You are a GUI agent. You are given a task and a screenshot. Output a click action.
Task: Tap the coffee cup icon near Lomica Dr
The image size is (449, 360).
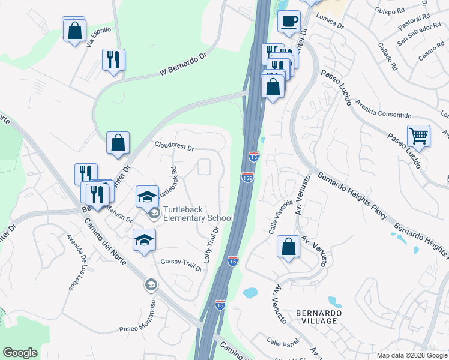[x=289, y=22]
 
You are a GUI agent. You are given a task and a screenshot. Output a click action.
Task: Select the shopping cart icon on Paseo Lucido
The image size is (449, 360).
[x=418, y=136]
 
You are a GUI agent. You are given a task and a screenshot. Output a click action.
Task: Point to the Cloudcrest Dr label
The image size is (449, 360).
[x=174, y=146]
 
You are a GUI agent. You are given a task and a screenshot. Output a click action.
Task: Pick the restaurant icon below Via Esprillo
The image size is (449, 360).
[x=113, y=60]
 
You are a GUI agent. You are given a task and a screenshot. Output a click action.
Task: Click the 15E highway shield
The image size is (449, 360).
[x=248, y=177]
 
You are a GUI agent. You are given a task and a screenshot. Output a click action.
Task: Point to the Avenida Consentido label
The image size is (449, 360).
[x=383, y=114]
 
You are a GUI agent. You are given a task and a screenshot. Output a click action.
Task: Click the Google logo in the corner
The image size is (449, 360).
[x=20, y=353]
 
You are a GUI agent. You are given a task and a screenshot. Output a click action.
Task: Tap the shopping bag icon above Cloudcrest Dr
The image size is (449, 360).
[x=118, y=143]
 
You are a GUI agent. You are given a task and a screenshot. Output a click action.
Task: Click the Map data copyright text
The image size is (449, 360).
[x=412, y=355]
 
